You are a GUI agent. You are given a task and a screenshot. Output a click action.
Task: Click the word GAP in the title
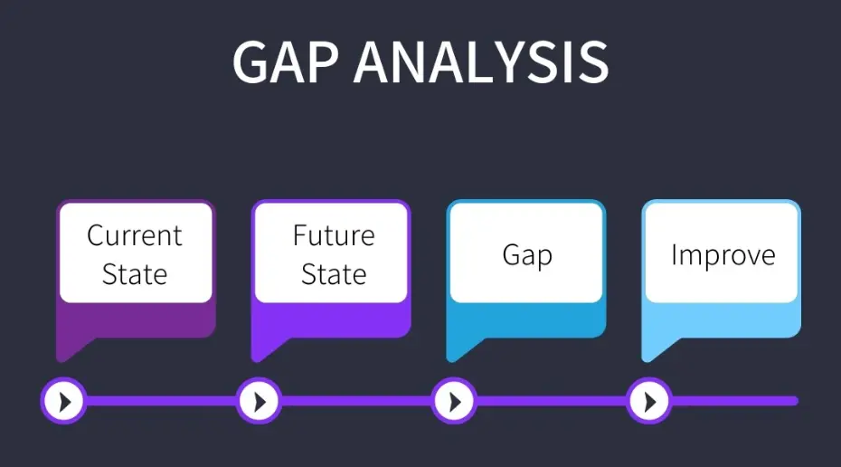(286, 62)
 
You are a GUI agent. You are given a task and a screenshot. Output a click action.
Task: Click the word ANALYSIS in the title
(481, 62)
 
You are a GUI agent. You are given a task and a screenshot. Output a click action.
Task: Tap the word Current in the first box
(135, 235)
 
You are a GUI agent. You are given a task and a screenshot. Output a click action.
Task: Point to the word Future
(334, 235)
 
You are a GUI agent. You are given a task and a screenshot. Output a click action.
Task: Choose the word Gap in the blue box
(527, 255)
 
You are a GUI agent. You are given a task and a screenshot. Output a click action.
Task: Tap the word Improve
(723, 255)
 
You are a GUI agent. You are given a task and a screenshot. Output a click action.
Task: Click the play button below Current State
(64, 401)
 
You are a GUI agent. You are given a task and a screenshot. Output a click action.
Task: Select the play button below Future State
(259, 401)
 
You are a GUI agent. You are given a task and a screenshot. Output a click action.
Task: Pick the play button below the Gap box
(454, 401)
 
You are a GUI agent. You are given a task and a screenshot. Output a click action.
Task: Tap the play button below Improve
(649, 401)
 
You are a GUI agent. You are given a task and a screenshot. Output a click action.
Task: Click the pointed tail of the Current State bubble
(61, 359)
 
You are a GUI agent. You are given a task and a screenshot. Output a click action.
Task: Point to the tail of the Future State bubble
(256, 359)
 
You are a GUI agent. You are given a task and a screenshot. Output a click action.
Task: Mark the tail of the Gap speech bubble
(451, 359)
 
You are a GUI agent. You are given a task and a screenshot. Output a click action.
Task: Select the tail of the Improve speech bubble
(647, 359)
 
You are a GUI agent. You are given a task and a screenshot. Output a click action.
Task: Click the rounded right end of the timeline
(795, 401)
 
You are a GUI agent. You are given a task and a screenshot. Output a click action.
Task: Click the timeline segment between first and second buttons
(162, 401)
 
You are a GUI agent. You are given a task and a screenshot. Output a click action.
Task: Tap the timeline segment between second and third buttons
(356, 401)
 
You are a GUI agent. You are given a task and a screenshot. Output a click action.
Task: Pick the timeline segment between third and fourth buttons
(552, 401)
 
